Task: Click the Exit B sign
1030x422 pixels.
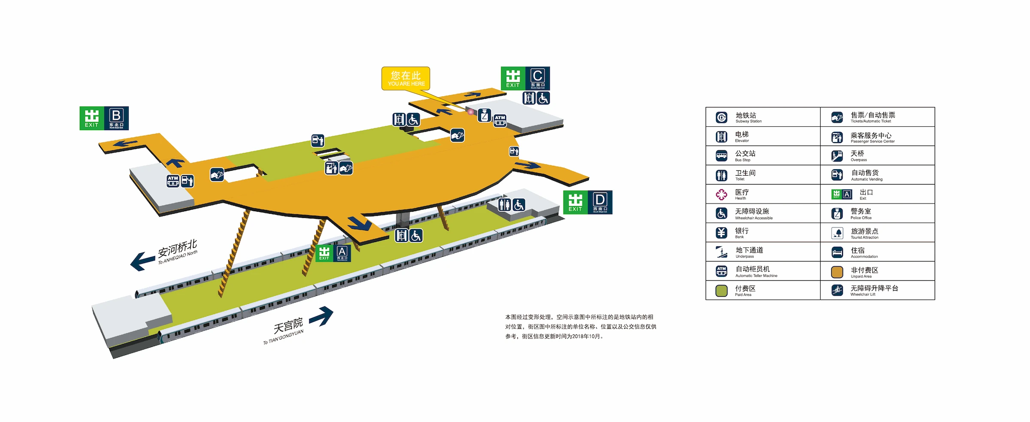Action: coord(104,118)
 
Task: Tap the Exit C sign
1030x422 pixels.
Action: coord(525,79)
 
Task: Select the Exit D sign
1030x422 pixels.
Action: coord(588,202)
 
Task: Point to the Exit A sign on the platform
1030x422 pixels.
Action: coord(333,253)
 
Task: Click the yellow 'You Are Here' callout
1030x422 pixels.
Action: coord(406,79)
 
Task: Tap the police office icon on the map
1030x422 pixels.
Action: coord(485,115)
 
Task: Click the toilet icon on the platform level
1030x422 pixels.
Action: coord(505,205)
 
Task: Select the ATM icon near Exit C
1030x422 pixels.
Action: coord(500,120)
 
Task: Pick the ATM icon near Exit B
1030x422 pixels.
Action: coord(173,181)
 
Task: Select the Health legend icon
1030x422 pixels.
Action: coord(721,194)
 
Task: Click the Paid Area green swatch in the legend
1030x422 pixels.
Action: coord(721,291)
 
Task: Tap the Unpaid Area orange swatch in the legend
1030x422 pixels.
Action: coord(837,272)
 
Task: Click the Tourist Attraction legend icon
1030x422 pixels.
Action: coord(837,233)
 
